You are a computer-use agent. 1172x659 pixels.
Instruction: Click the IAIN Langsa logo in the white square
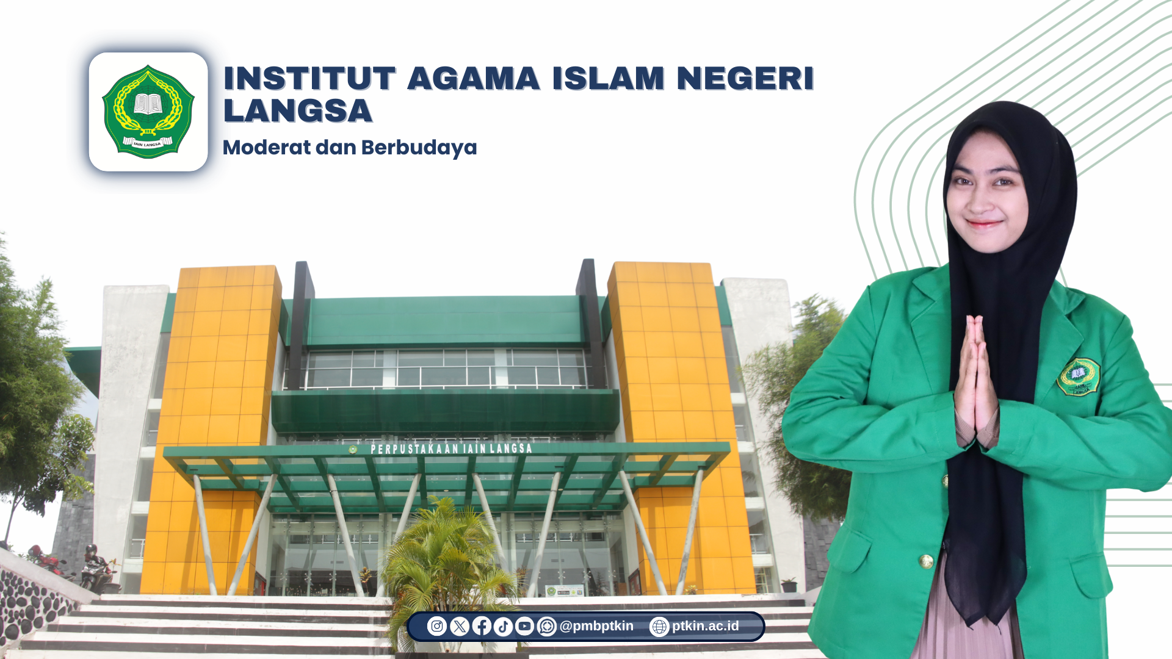pyautogui.click(x=148, y=112)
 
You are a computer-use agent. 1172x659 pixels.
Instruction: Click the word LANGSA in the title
pyautogui.click(x=298, y=111)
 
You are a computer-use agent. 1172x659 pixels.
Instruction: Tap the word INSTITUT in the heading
pyautogui.click(x=309, y=79)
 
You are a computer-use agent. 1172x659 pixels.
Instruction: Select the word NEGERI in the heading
pyautogui.click(x=745, y=79)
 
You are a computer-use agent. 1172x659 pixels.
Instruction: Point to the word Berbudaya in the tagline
pyautogui.click(x=419, y=148)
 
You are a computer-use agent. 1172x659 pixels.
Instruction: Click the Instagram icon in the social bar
pyautogui.click(x=437, y=626)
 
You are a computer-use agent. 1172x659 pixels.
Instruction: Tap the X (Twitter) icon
pyautogui.click(x=460, y=626)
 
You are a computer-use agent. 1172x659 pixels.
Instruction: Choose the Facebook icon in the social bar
pyautogui.click(x=482, y=626)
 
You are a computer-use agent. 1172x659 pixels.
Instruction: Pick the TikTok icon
pyautogui.click(x=503, y=626)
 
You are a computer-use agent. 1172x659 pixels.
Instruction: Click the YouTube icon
pyautogui.click(x=525, y=626)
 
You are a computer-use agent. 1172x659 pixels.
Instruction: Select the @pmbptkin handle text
pyautogui.click(x=596, y=627)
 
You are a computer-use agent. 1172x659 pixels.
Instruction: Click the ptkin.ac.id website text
pyautogui.click(x=706, y=627)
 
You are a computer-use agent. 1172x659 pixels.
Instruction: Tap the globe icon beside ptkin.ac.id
pyautogui.click(x=659, y=627)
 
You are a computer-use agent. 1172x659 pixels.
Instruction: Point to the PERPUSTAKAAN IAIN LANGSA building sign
pyautogui.click(x=452, y=449)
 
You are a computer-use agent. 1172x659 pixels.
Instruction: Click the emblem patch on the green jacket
pyautogui.click(x=1078, y=376)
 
